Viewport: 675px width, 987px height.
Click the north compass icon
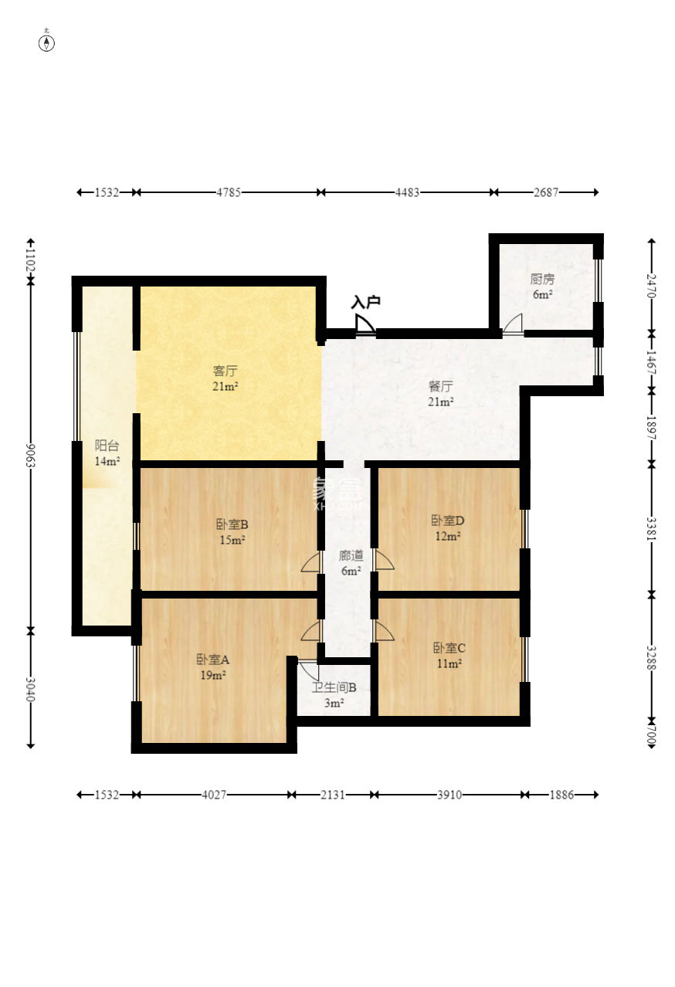pos(46,42)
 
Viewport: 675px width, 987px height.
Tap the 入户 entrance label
pos(366,302)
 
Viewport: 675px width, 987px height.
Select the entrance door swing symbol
pos(365,324)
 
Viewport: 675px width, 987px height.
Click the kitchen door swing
pos(513,324)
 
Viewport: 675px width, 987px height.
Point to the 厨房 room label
pos(542,279)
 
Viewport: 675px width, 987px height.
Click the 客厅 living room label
pos(225,371)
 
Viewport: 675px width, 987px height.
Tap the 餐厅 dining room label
pos(440,386)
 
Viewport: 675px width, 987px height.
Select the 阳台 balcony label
pos(107,446)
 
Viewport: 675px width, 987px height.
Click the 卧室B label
pos(232,524)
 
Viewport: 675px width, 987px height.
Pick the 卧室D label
pos(448,521)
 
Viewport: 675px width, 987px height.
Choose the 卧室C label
pos(449,648)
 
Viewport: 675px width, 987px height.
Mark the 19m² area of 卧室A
pos(213,675)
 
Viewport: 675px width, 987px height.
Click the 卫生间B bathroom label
pos(334,687)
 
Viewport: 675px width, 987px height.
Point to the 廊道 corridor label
pos(351,555)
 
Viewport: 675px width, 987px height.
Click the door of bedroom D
pos(384,560)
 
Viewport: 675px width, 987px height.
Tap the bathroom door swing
pos(308,670)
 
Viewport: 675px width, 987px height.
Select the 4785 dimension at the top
pos(229,192)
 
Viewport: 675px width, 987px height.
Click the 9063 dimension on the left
pos(30,456)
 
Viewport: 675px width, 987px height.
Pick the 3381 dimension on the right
pos(651,528)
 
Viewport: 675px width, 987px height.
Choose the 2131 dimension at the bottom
pos(333,795)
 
